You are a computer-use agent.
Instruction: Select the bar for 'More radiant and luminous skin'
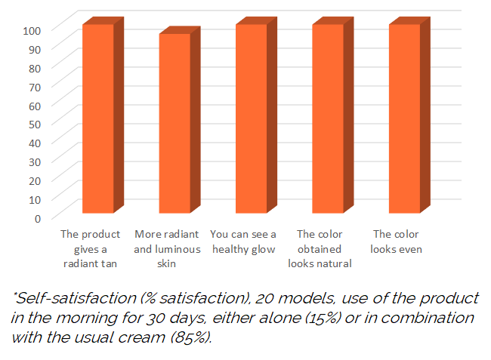pyautogui.click(x=174, y=124)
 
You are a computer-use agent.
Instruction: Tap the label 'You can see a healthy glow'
pyautogui.click(x=243, y=242)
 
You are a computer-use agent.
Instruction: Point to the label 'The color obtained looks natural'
pyautogui.click(x=320, y=249)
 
